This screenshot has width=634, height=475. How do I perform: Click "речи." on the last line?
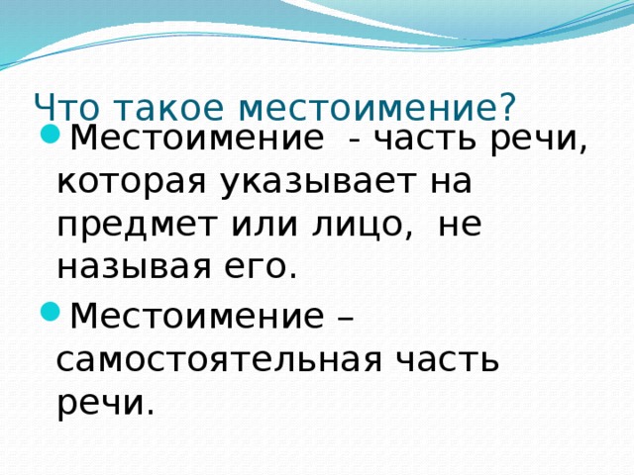coord(106,401)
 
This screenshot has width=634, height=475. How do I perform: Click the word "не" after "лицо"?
coord(459,226)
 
